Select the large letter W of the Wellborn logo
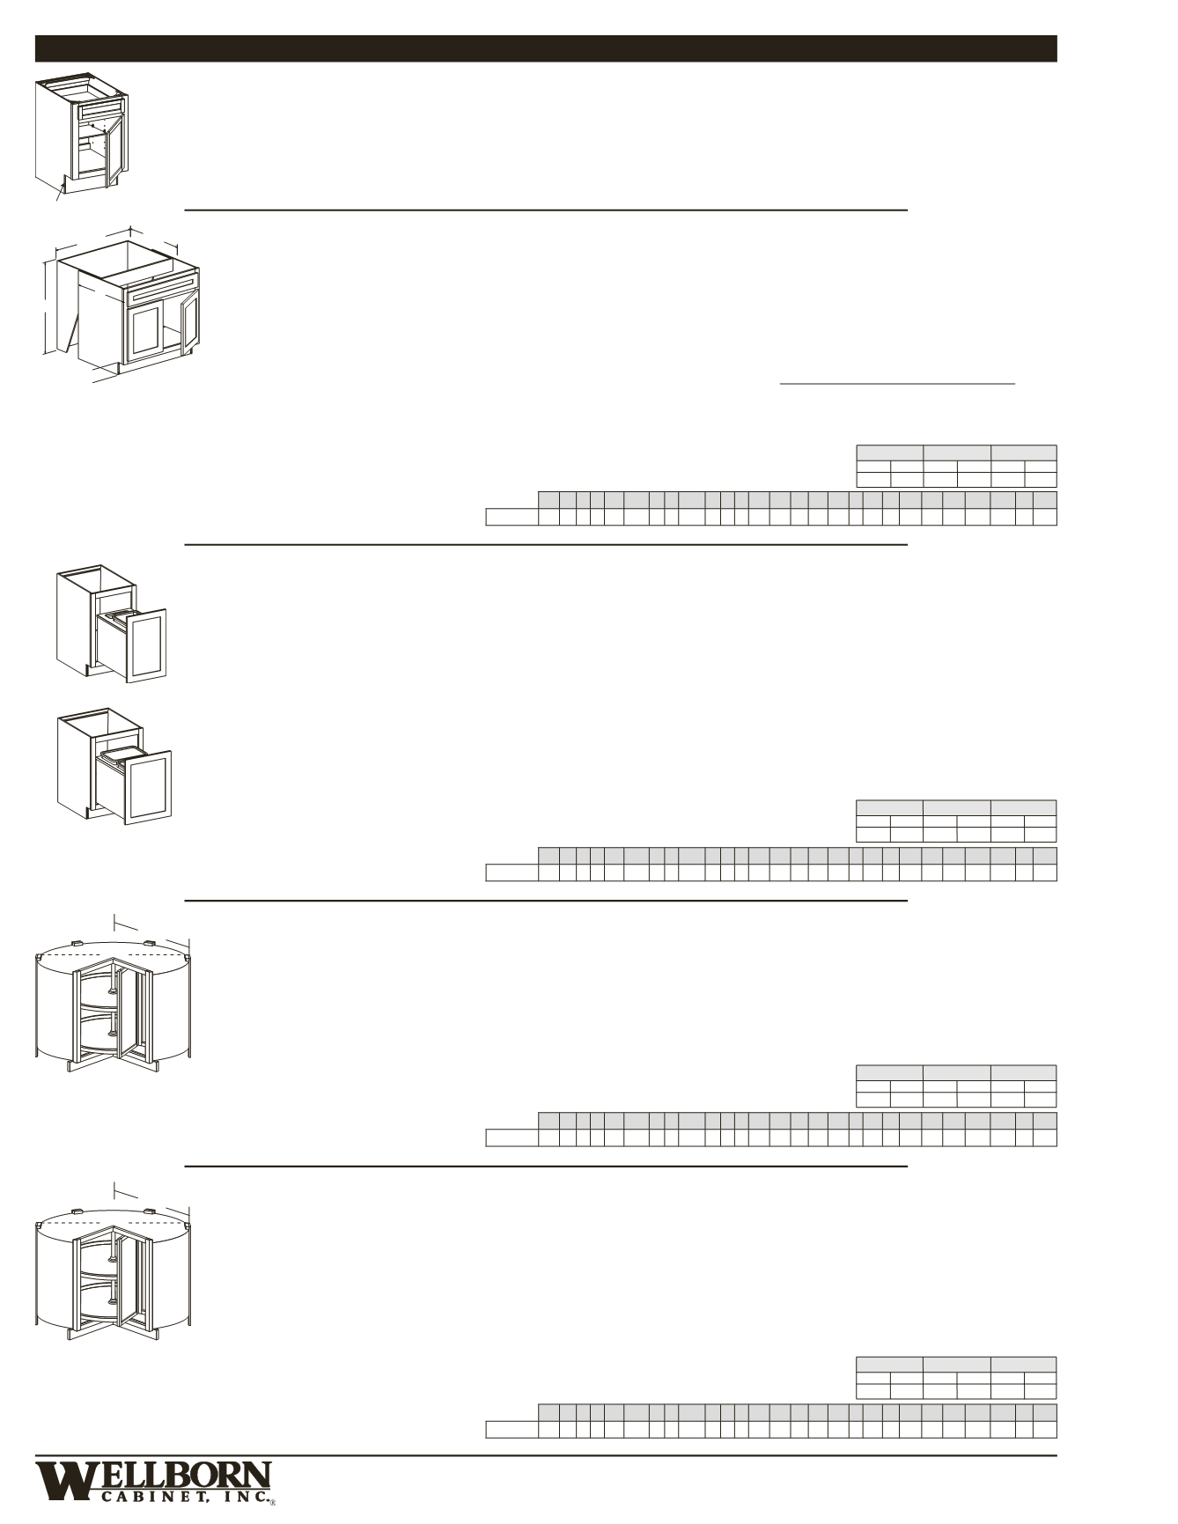pyautogui.click(x=62, y=1481)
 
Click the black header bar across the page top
pyautogui.click(x=546, y=48)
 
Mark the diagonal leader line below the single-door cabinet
pyautogui.click(x=60, y=189)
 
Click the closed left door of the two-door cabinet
pyautogui.click(x=144, y=335)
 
